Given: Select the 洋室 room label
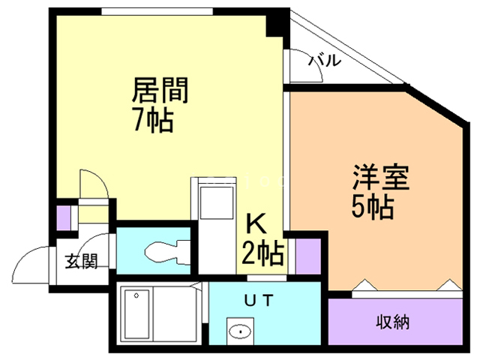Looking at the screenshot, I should pyautogui.click(x=381, y=179).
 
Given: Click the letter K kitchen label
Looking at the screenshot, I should pyautogui.click(x=256, y=224).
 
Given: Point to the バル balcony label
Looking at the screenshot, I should pyautogui.click(x=325, y=60).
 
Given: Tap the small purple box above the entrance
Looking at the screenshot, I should pyautogui.click(x=64, y=217).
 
